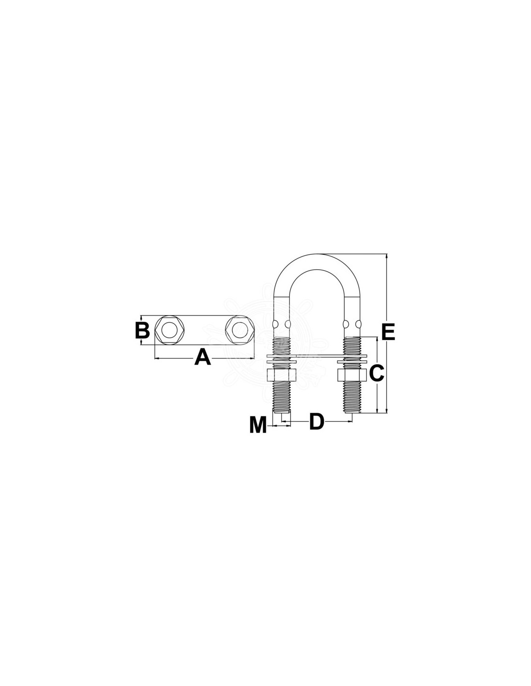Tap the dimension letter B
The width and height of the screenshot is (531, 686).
[x=142, y=330]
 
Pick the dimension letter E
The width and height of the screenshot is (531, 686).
[x=388, y=332]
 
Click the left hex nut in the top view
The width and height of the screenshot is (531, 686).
[x=169, y=330]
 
